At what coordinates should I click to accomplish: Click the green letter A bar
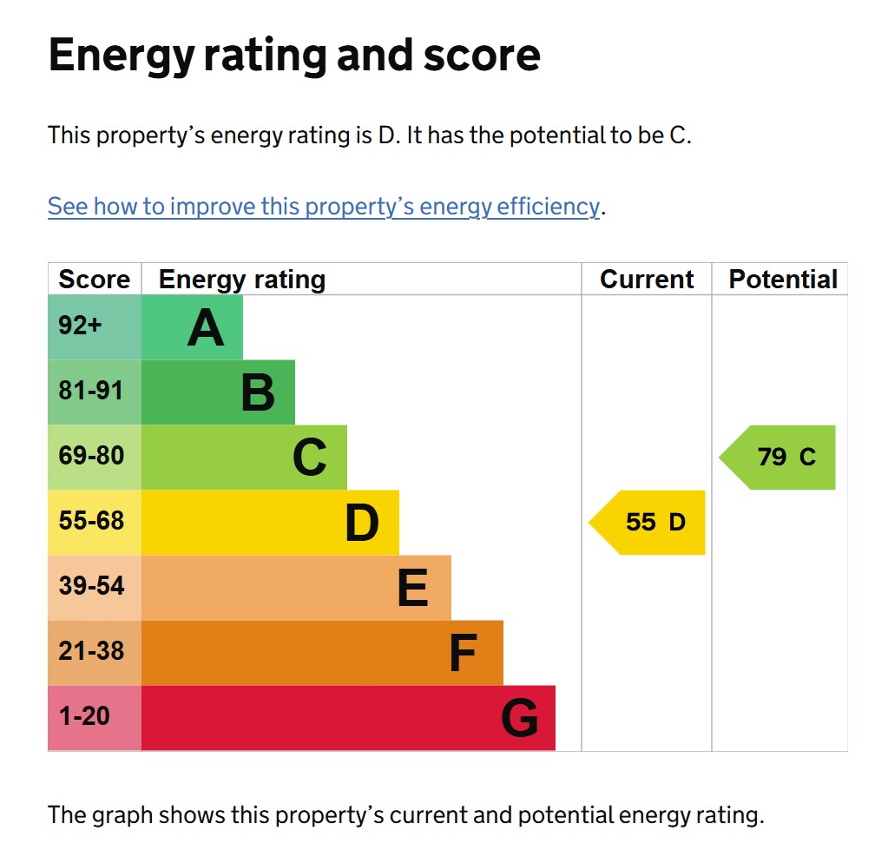[192, 327]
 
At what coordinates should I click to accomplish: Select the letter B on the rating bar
[258, 392]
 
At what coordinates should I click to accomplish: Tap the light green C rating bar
[244, 458]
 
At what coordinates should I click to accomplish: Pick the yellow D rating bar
[270, 523]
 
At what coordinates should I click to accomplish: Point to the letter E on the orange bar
[412, 588]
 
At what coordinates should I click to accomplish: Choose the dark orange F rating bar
[322, 653]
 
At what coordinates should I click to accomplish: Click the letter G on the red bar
[519, 718]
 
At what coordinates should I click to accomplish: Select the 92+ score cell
[81, 326]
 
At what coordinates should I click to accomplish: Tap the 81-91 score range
[91, 391]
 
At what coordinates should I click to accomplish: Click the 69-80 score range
[91, 456]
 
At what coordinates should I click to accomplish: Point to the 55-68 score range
[91, 521]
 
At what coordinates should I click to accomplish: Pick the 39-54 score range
[91, 586]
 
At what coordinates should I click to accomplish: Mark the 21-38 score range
[91, 651]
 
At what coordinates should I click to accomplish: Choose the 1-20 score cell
[84, 716]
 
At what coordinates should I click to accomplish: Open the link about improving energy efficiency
[323, 208]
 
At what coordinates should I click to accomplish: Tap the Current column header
[647, 280]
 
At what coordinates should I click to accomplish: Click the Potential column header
[783, 280]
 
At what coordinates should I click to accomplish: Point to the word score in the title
[482, 56]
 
